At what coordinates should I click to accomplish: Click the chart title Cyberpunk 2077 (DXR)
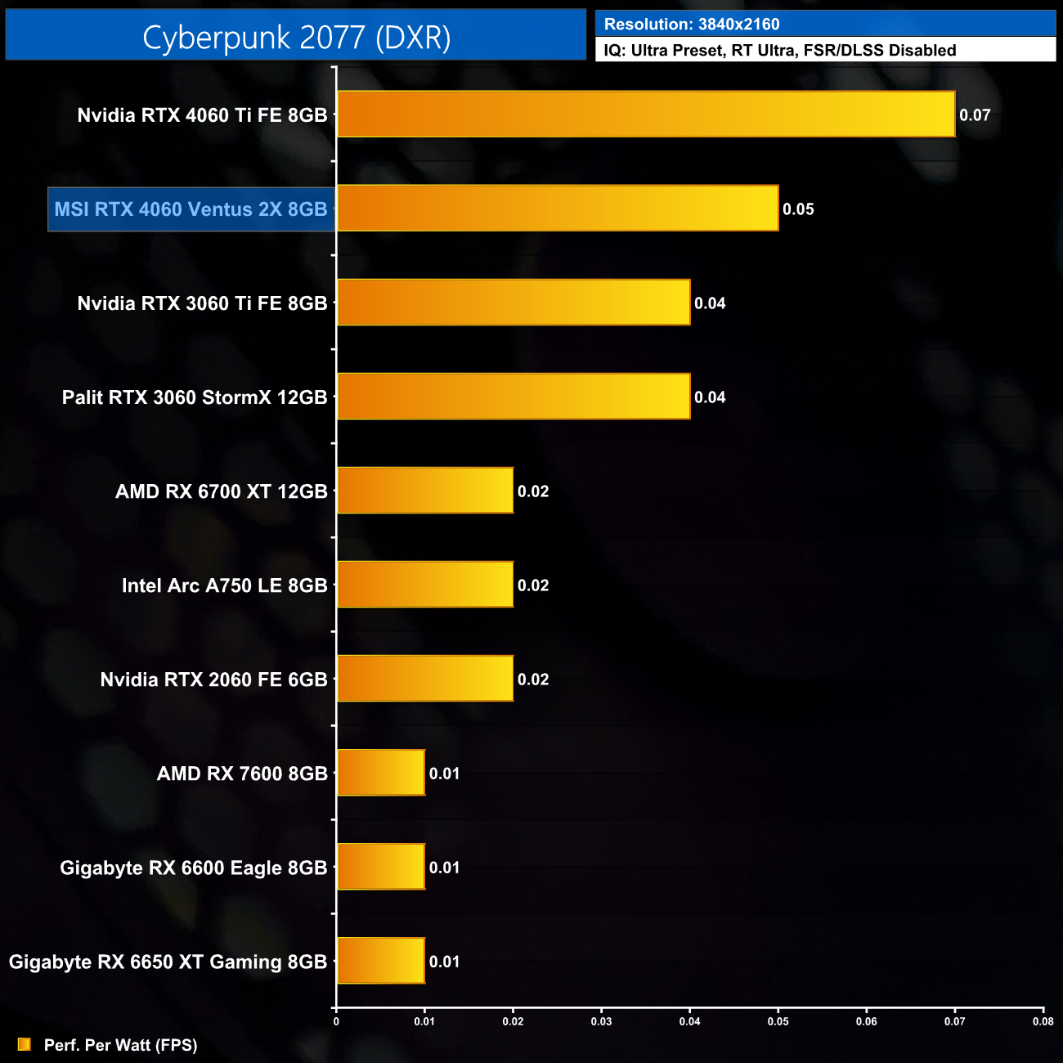click(296, 38)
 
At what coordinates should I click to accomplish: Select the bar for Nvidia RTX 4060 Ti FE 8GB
click(646, 114)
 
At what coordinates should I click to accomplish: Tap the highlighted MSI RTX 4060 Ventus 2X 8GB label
click(191, 209)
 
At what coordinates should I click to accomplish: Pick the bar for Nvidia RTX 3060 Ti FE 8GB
click(514, 303)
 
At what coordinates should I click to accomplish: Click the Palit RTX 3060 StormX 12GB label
click(195, 397)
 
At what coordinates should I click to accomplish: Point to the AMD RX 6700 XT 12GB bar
click(425, 491)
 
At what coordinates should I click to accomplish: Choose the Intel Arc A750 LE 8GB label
click(224, 585)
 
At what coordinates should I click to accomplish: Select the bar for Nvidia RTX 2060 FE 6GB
click(425, 679)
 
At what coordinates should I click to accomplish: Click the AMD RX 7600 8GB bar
click(381, 773)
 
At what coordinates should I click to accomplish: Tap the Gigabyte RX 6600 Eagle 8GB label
click(194, 868)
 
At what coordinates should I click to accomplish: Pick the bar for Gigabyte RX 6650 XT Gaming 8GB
click(381, 961)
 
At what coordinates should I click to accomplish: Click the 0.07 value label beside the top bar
click(975, 115)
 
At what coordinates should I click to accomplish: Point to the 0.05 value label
click(798, 209)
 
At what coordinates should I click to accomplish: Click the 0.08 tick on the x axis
click(1043, 1021)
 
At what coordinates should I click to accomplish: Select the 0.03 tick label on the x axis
click(601, 1021)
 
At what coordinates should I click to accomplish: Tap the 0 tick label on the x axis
click(336, 1021)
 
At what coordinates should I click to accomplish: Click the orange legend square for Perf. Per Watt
click(25, 1044)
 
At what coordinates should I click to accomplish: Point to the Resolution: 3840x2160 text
click(692, 25)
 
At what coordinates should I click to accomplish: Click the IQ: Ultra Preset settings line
click(779, 51)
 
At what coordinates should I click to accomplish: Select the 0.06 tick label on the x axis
click(866, 1021)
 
